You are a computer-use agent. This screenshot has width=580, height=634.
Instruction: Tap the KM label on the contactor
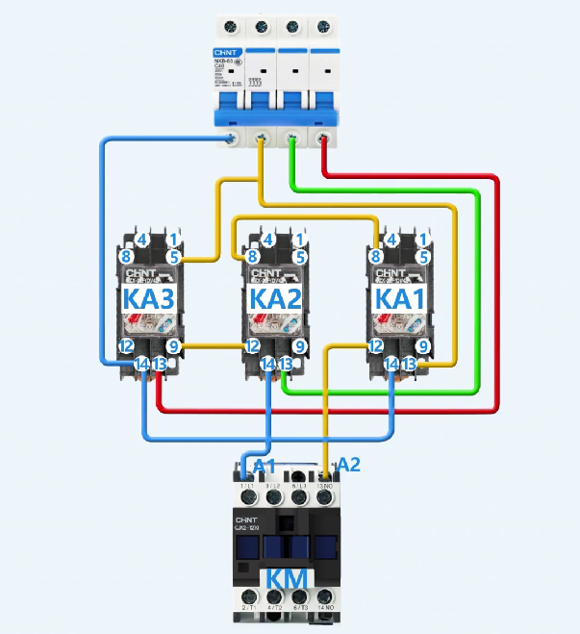click(288, 580)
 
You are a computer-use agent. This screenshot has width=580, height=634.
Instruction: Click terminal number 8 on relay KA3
click(126, 257)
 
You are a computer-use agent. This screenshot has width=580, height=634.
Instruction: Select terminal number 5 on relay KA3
click(173, 257)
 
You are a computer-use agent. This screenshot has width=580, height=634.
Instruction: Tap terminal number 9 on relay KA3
click(173, 345)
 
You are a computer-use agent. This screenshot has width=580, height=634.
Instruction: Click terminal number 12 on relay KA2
click(252, 345)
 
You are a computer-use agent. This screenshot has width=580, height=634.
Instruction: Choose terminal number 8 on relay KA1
click(376, 257)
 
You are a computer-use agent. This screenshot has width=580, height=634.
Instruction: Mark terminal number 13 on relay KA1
click(410, 364)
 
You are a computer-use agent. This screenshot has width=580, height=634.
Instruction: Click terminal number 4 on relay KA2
click(268, 240)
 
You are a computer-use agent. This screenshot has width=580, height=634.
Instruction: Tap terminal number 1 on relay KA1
click(423, 240)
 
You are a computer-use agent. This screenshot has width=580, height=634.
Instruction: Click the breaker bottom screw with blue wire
click(232, 140)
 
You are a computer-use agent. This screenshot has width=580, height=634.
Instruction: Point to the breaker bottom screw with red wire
click(324, 140)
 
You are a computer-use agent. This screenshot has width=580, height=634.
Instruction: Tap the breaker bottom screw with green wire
click(293, 140)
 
